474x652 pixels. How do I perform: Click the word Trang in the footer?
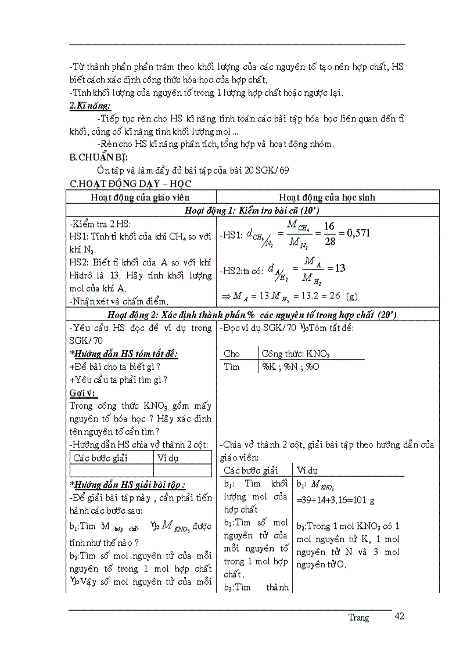tap(358, 618)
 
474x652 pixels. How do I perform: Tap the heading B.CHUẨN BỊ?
tap(99, 157)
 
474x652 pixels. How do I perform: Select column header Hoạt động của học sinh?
tap(327, 197)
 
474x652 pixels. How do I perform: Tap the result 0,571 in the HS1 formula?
tap(358, 233)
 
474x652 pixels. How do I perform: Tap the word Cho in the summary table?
tap(232, 354)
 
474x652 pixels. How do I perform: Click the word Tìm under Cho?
tap(232, 367)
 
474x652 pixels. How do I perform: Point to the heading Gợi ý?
tap(83, 393)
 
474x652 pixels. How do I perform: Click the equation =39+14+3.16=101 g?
tap(335, 499)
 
